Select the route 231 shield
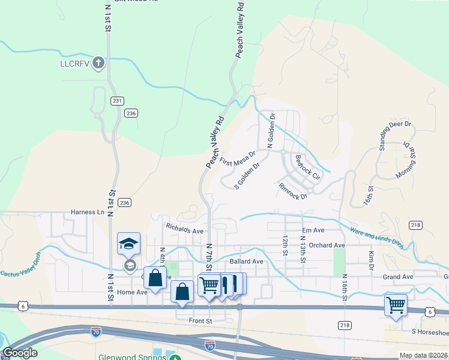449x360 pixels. (x=118, y=101)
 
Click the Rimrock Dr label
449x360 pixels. (x=293, y=191)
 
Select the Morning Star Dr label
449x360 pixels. (x=406, y=161)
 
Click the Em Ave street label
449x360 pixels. (x=313, y=230)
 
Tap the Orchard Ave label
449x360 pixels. (x=327, y=245)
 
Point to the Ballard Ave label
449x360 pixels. (x=246, y=262)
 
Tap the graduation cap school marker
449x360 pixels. (x=128, y=244)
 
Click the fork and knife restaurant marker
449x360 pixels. (x=226, y=284)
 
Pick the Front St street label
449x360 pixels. (x=201, y=322)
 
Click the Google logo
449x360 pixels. (x=19, y=353)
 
